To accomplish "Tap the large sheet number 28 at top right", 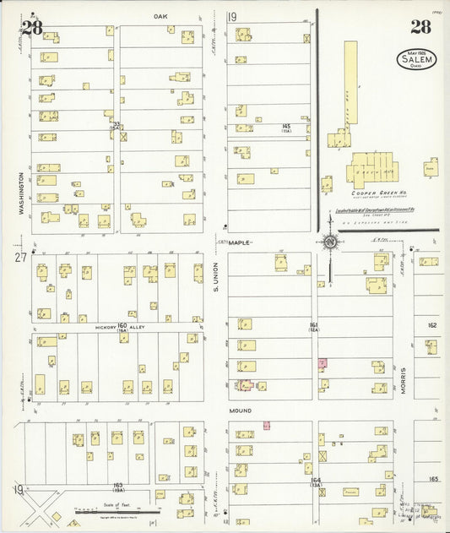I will pos(420,26).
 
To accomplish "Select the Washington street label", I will pos(19,194).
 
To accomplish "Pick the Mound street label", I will pos(241,411).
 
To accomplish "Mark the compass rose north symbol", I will pos(331,244).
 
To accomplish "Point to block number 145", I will pos(287,126).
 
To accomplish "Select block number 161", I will pos(313,324).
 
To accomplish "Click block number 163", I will pos(118,485).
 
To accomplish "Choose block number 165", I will pos(434,479).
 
